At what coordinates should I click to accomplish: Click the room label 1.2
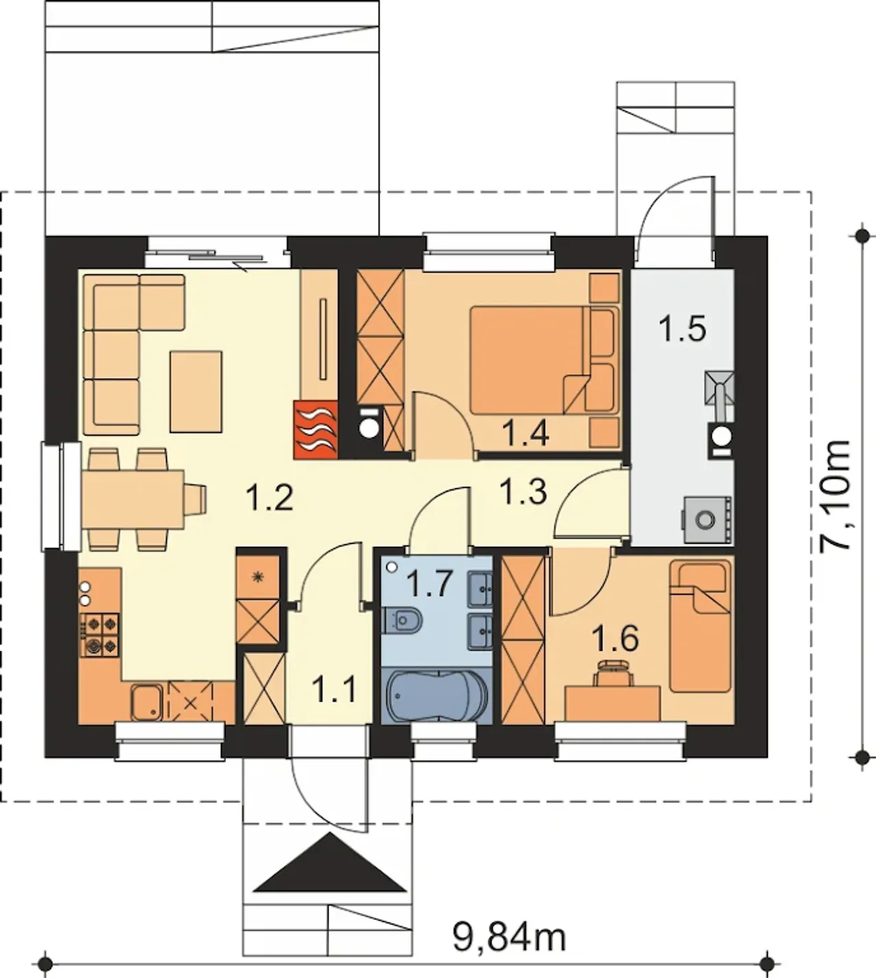coord(270,498)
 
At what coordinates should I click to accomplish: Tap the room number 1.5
coord(682,329)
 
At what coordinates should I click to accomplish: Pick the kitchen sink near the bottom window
coord(148,702)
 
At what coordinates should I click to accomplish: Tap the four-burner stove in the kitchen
coord(99,635)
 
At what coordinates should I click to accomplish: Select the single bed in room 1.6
coord(700,626)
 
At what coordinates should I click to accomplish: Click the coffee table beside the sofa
coord(196,391)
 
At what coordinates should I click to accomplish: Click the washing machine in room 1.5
coord(707,520)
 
